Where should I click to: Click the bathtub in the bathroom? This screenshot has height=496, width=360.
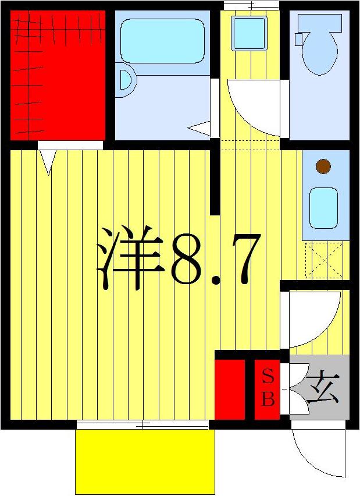tap(162, 40)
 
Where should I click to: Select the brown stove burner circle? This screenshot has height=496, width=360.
tap(323, 166)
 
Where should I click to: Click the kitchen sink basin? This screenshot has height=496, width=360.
tap(323, 208)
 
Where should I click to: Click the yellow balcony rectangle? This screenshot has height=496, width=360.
tap(145, 461)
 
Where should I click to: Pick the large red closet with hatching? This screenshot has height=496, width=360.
tap(58, 75)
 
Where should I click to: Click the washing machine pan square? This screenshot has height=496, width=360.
tap(248, 33)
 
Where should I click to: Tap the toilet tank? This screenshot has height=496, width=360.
tap(317, 23)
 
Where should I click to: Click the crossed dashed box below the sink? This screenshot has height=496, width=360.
tap(323, 260)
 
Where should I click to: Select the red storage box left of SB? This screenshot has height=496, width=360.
tap(230, 389)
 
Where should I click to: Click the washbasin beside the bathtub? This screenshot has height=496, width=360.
tap(125, 79)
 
